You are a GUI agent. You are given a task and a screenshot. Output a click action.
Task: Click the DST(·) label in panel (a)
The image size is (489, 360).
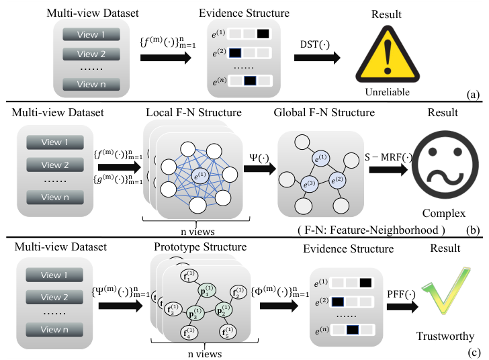(x=314, y=44)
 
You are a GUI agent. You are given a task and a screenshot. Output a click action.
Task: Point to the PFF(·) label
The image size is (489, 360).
(x=401, y=294)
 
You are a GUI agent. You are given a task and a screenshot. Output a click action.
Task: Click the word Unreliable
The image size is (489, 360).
(x=388, y=92)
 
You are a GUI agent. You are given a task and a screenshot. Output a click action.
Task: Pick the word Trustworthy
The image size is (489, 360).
(x=445, y=336)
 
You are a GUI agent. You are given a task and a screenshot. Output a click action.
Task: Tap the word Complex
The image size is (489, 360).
(x=444, y=214)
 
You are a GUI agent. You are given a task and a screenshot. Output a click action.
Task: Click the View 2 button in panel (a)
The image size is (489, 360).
(x=91, y=54)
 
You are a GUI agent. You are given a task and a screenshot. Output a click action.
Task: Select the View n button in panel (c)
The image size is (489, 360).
(x=54, y=329)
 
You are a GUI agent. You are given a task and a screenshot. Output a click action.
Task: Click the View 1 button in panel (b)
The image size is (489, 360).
(x=55, y=142)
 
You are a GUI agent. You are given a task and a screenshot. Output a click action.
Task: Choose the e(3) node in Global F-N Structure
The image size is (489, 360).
(x=310, y=184)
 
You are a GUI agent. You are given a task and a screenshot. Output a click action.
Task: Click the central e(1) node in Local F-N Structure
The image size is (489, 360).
(x=200, y=175)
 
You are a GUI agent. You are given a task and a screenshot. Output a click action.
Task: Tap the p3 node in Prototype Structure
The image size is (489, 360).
(x=195, y=314)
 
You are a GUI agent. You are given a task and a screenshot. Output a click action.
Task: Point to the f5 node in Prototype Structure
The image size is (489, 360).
(x=228, y=332)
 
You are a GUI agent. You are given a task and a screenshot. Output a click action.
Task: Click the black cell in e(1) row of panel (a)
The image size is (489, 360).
(x=263, y=34)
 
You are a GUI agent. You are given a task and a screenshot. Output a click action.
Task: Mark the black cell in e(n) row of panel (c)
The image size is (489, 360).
(x=353, y=330)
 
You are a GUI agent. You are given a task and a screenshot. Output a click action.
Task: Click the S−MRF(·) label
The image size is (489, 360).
(x=388, y=157)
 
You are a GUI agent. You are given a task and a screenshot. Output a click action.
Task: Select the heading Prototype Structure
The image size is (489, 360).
(x=200, y=246)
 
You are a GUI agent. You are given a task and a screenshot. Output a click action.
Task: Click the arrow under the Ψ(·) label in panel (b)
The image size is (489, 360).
(x=260, y=169)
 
